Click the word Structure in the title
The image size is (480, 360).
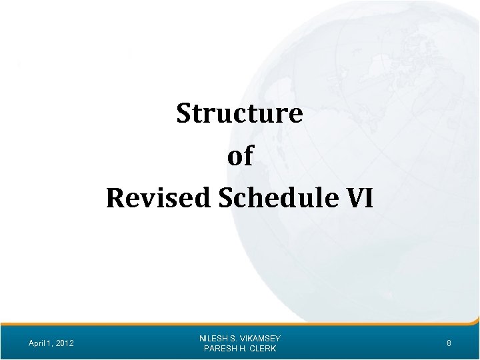240,114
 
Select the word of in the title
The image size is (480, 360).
240,156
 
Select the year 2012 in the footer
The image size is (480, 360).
65,343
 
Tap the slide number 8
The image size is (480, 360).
449,343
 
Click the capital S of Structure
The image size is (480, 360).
184,114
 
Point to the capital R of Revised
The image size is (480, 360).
114,198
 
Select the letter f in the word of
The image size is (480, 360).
248,156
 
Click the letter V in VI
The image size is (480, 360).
357,198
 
